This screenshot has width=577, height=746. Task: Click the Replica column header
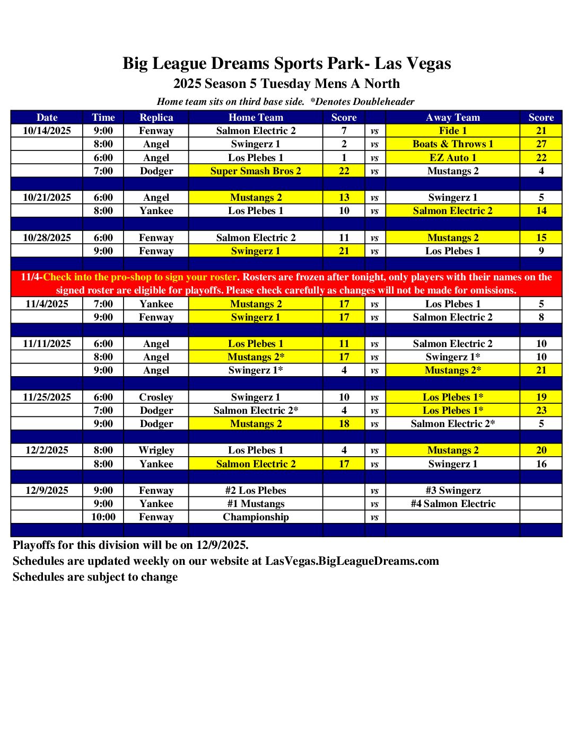(156, 118)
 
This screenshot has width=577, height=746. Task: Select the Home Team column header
(256, 118)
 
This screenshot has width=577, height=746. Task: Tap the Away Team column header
(452, 118)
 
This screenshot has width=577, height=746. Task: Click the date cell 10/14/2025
(47, 131)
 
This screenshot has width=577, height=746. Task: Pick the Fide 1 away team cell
(452, 131)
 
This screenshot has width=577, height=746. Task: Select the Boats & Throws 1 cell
(452, 144)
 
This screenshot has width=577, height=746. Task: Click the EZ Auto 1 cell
(452, 158)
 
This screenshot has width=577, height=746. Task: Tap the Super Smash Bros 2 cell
(256, 171)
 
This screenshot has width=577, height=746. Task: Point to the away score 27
(541, 144)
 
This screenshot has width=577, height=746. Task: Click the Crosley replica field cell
(156, 397)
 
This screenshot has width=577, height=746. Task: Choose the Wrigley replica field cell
(156, 450)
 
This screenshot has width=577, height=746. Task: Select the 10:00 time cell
(103, 517)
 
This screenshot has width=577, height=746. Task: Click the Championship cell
(256, 517)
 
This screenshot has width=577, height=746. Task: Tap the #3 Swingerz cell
(452, 491)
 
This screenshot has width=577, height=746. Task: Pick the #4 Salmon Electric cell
(452, 504)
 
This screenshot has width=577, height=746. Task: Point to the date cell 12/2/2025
(47, 450)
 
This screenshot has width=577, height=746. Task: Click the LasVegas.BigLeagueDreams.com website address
(352, 561)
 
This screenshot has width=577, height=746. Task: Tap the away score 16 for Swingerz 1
(541, 464)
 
